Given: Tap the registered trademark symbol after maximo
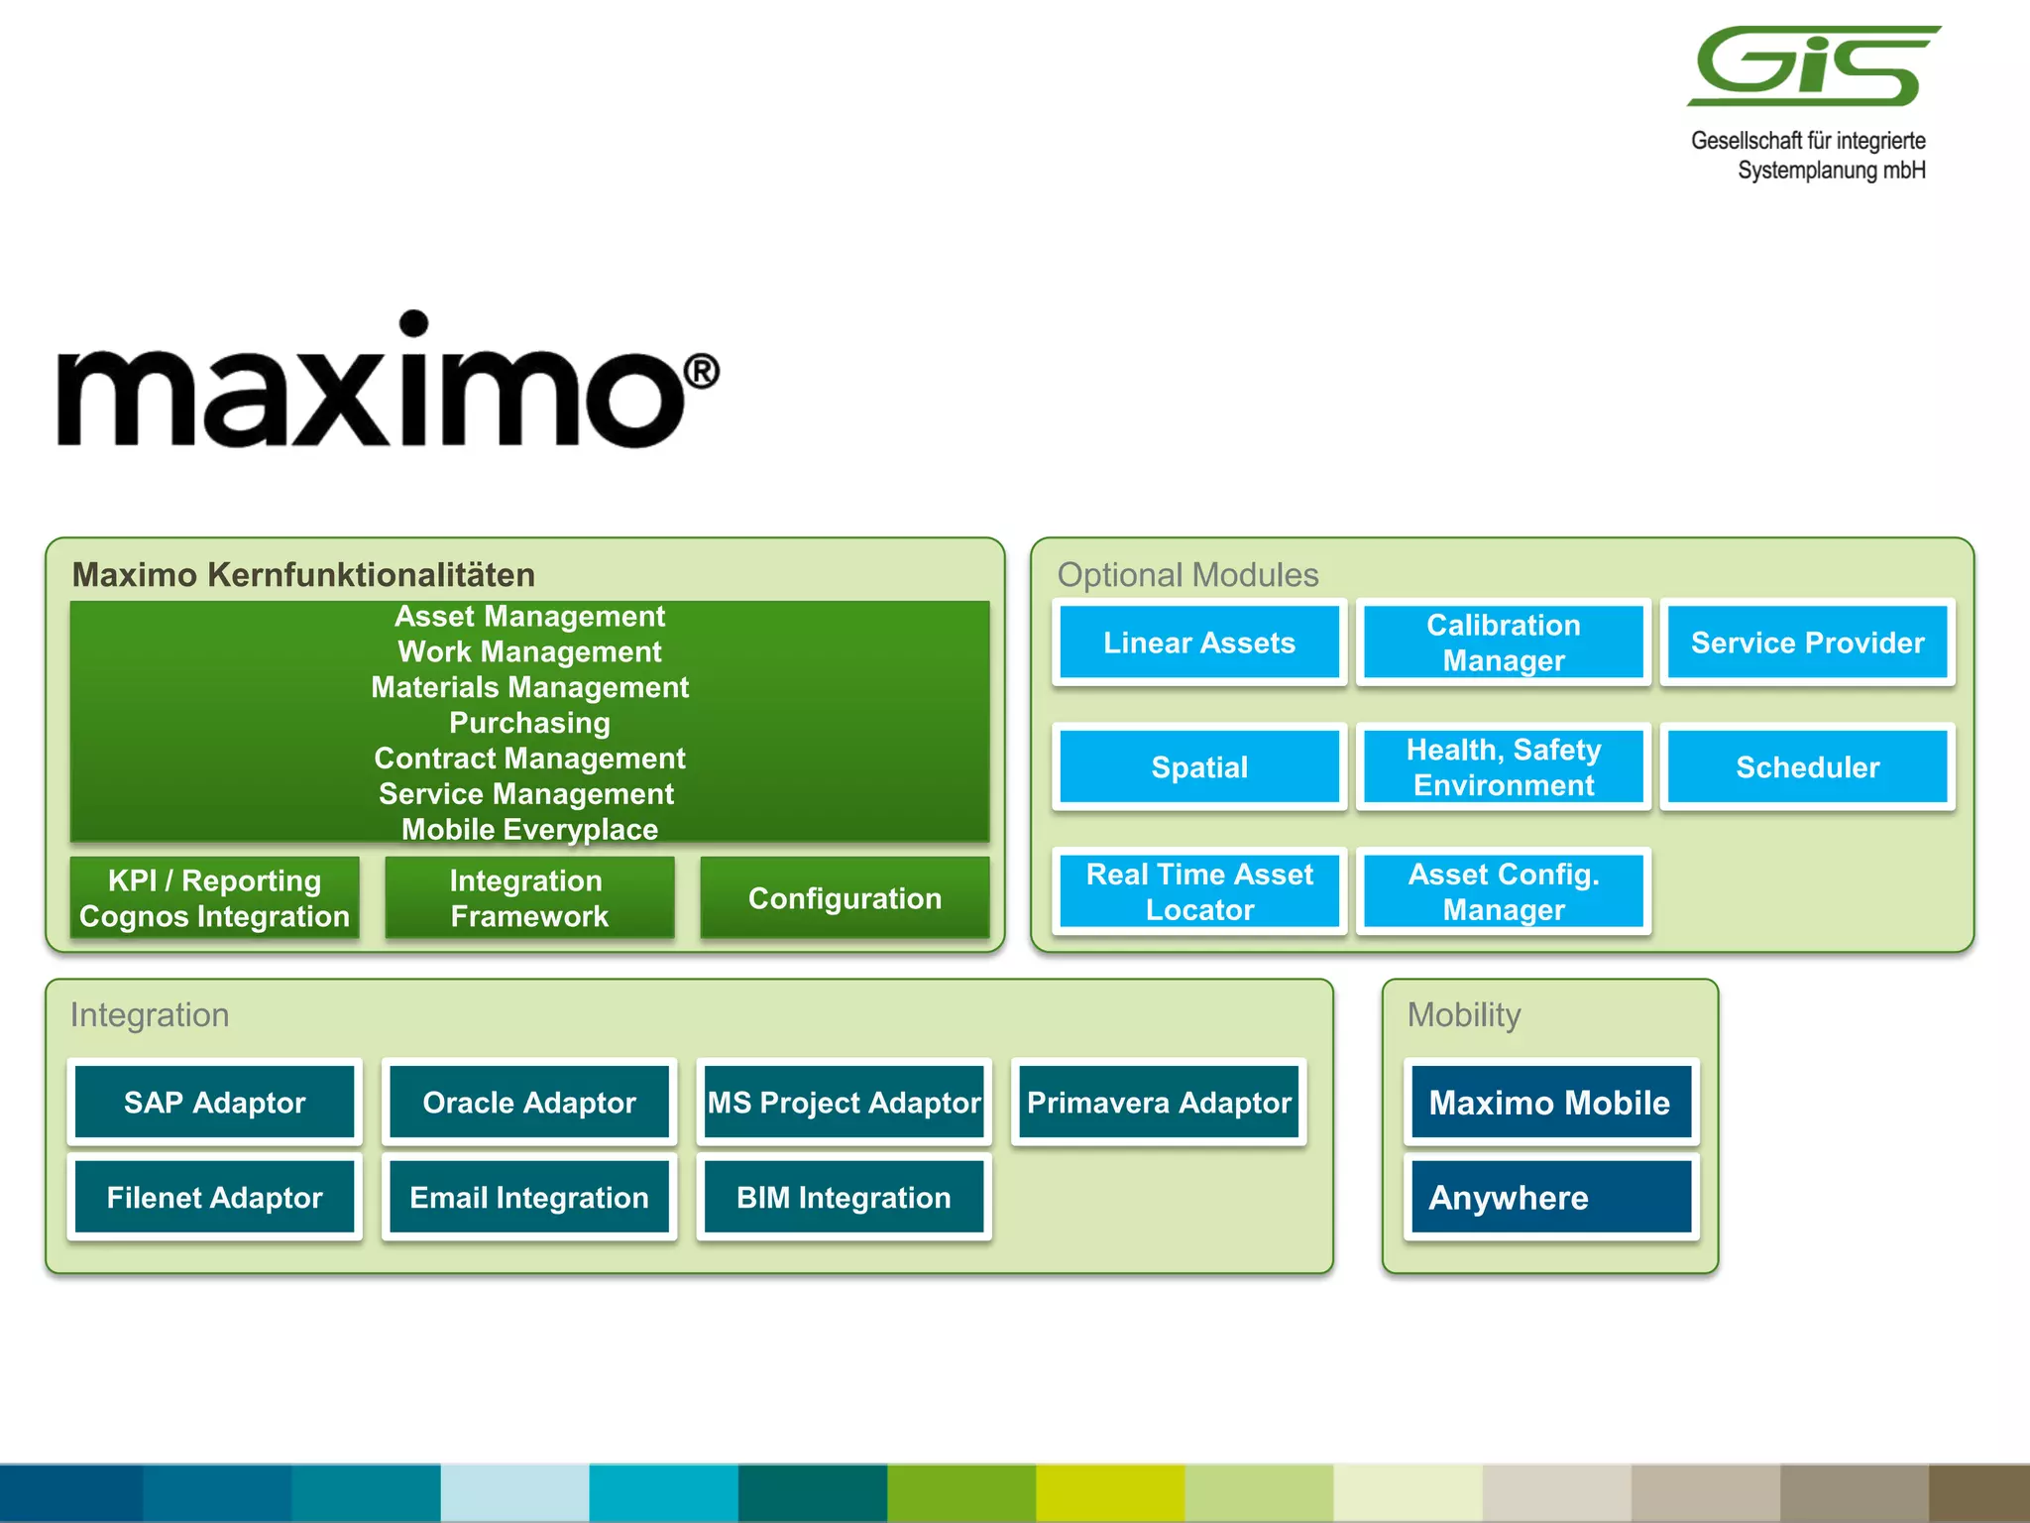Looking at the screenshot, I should click(702, 372).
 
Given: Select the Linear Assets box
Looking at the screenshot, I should click(1198, 643).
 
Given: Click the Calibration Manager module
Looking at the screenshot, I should click(1503, 643).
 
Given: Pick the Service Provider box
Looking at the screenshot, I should click(1807, 643).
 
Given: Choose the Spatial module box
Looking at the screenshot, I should click(1198, 767).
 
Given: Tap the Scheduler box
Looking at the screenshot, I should click(1807, 767).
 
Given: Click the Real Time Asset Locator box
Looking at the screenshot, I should click(1198, 891).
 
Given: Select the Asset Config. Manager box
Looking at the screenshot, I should click(1503, 891).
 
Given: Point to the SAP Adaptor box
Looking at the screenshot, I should click(214, 1102).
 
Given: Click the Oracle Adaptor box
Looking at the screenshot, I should click(529, 1102).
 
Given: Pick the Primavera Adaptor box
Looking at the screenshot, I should click(1159, 1102).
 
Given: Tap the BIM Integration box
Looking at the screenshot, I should click(844, 1197).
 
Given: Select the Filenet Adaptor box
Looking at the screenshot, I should click(214, 1197).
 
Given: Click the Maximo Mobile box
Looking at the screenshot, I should click(1551, 1102).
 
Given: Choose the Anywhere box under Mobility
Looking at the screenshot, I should click(1551, 1197).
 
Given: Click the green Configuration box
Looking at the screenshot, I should click(845, 898).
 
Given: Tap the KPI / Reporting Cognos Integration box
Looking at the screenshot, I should click(214, 898).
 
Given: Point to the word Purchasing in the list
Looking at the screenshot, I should click(529, 723).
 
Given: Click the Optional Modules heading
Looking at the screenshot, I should click(1187, 575).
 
